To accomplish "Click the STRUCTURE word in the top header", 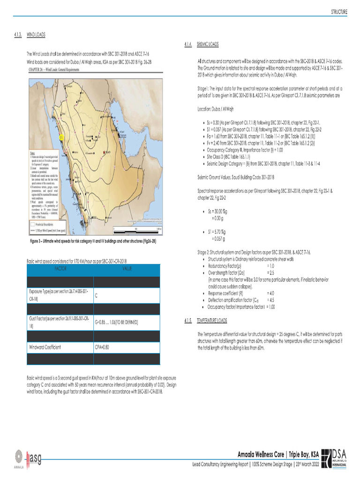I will (339, 12).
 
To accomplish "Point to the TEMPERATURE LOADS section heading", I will (212, 321).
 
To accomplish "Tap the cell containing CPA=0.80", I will (102, 347).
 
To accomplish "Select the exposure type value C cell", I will (96, 295).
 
